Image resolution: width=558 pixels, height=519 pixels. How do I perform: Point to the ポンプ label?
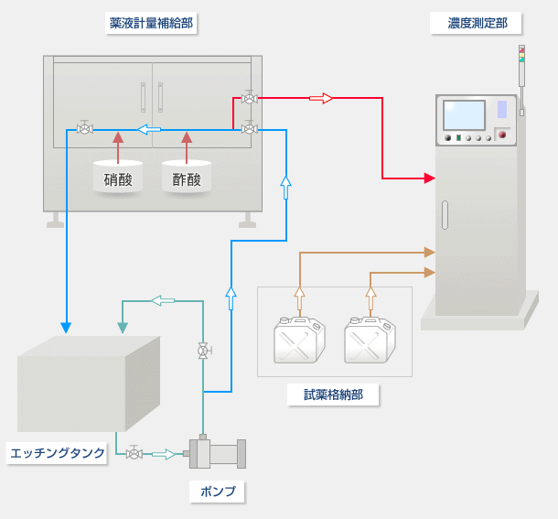[218, 492]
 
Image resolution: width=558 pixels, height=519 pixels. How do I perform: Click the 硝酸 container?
[118, 177]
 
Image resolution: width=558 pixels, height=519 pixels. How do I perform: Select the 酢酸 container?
[187, 177]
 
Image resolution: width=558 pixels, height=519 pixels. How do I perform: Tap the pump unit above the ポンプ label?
[217, 452]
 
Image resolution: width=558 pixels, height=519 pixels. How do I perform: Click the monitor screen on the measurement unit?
[464, 115]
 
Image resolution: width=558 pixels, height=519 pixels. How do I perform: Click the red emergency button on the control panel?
[501, 135]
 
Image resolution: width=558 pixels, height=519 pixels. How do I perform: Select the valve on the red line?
[249, 97]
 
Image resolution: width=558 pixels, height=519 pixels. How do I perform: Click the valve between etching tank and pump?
[134, 453]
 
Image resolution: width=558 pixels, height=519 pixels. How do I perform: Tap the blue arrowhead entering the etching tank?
[66, 327]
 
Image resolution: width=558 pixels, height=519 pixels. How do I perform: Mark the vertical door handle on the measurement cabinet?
[445, 215]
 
